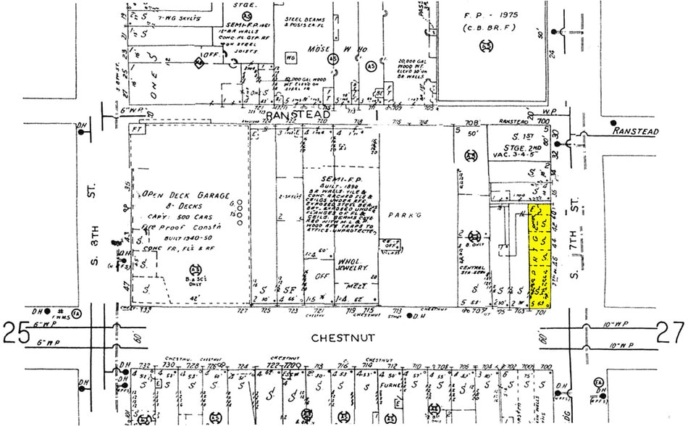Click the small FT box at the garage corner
tap(137, 128)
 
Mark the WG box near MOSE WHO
tap(291, 57)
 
